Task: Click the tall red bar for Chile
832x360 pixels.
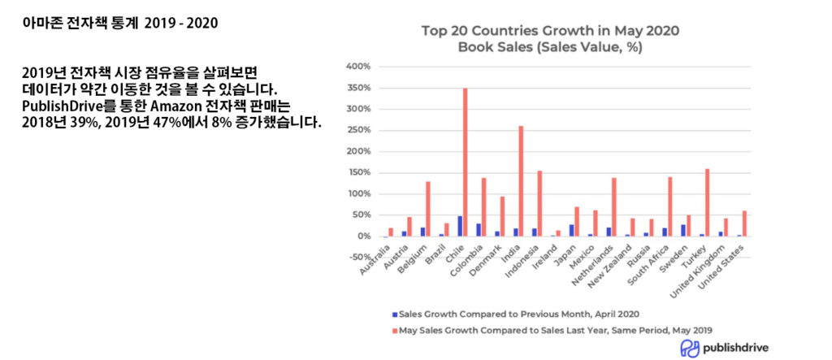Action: (x=465, y=163)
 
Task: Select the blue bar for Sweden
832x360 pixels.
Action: (x=683, y=230)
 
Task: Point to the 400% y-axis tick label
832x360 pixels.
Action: (x=358, y=67)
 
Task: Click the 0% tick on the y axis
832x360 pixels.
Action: (x=363, y=236)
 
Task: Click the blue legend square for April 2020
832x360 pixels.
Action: (x=394, y=313)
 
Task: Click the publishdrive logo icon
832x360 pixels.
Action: (x=689, y=348)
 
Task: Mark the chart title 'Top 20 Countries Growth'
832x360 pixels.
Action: (x=550, y=31)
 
